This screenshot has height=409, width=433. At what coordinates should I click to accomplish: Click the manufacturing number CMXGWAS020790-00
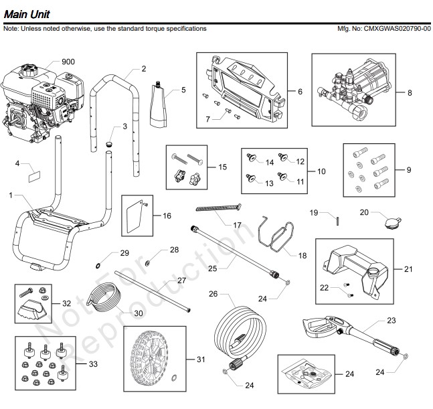[393, 29]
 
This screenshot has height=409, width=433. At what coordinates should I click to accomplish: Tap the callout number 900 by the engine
[68, 62]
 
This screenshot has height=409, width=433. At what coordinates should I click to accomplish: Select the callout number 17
[237, 225]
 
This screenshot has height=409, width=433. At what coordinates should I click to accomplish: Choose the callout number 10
[321, 171]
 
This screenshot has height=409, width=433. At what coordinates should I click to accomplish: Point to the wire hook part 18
[275, 234]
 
